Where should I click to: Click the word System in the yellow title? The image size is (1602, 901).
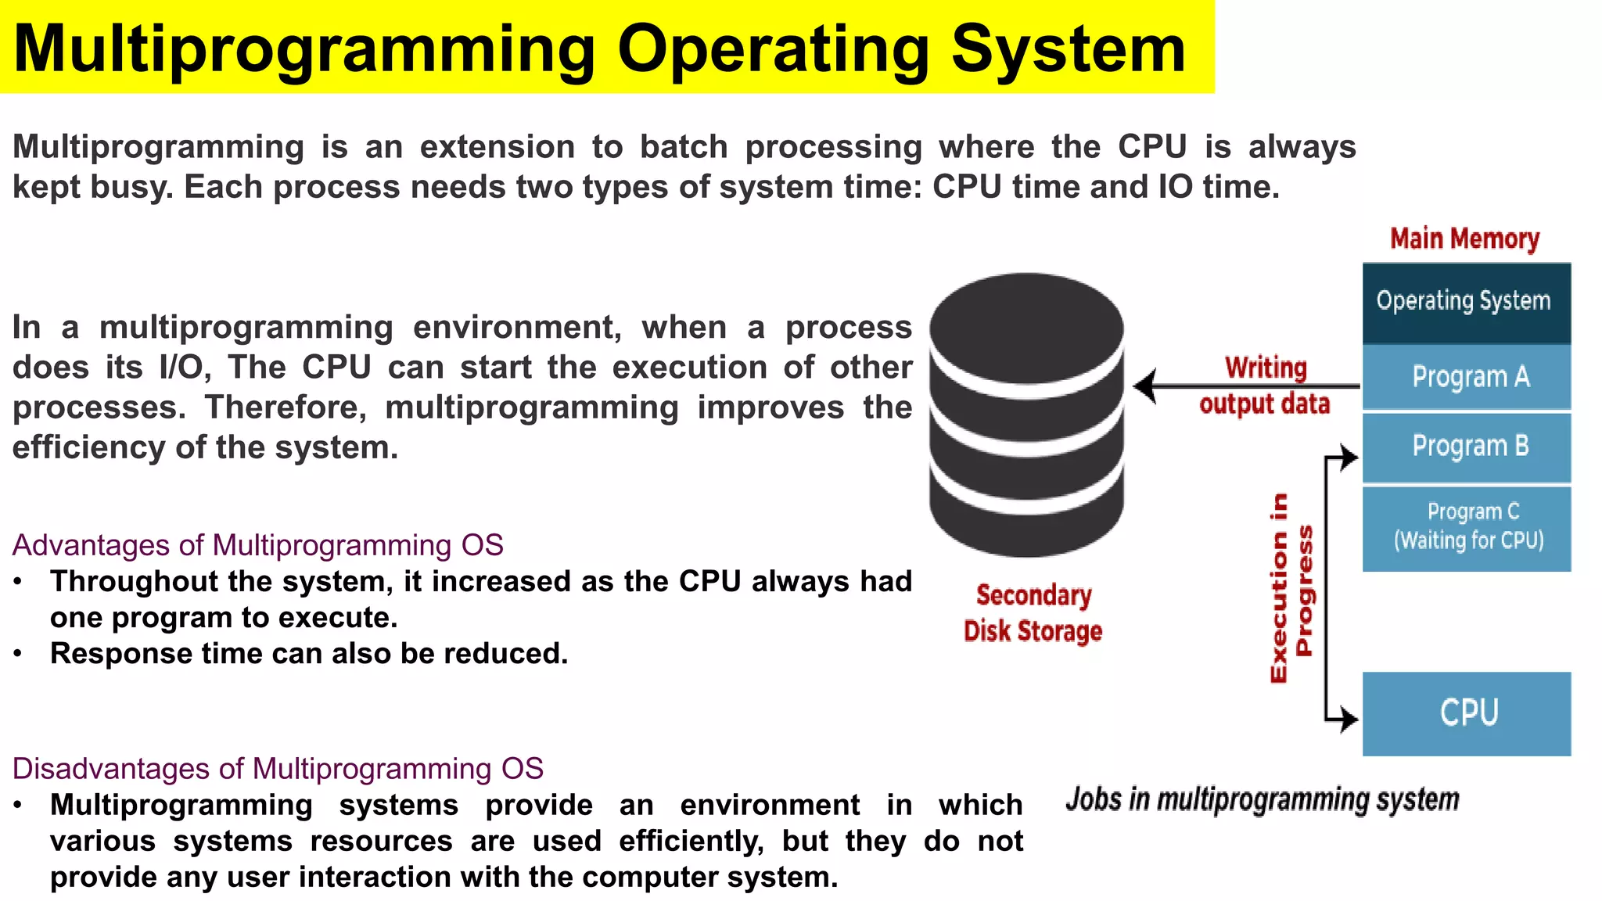click(1069, 48)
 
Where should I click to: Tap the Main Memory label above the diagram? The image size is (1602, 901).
click(1464, 239)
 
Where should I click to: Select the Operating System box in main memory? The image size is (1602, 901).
click(1466, 303)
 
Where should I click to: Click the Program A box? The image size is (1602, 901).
click(1466, 377)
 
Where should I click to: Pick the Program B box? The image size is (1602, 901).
click(1466, 447)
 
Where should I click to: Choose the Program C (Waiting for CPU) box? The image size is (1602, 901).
click(1466, 528)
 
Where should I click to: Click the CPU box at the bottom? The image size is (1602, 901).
click(1466, 713)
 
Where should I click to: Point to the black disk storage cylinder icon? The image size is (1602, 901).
click(1026, 415)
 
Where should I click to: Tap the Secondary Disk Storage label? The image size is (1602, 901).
click(1033, 613)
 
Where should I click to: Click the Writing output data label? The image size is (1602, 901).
click(1265, 386)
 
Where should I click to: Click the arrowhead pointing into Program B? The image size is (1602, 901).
click(1349, 457)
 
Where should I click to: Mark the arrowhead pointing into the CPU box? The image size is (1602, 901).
click(1349, 718)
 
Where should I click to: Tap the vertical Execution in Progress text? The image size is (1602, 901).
click(1290, 588)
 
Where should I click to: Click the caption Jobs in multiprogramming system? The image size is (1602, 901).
click(1262, 799)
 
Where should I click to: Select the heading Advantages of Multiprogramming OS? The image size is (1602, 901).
click(257, 545)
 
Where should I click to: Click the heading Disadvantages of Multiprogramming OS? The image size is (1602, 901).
click(278, 769)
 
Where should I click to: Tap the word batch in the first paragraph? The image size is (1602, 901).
click(683, 147)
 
